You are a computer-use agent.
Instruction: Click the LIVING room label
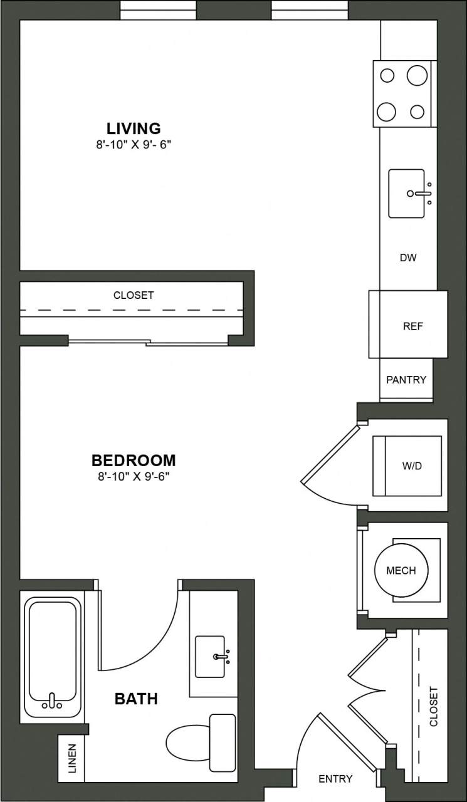(134, 128)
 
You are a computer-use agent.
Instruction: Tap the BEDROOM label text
(134, 461)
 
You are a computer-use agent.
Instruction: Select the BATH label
(136, 699)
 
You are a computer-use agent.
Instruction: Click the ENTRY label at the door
(335, 779)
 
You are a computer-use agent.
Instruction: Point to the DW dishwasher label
(408, 258)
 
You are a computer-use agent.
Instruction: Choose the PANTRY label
(406, 380)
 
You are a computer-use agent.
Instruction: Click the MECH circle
(401, 570)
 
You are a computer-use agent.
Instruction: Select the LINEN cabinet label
(71, 758)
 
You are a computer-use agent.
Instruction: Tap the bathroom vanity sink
(211, 657)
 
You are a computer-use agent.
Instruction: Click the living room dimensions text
(134, 143)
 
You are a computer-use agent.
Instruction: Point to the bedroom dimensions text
(134, 476)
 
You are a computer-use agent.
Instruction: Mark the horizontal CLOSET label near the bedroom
(134, 295)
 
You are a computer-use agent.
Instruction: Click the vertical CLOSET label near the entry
(434, 706)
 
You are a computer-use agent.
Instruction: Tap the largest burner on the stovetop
(417, 76)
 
